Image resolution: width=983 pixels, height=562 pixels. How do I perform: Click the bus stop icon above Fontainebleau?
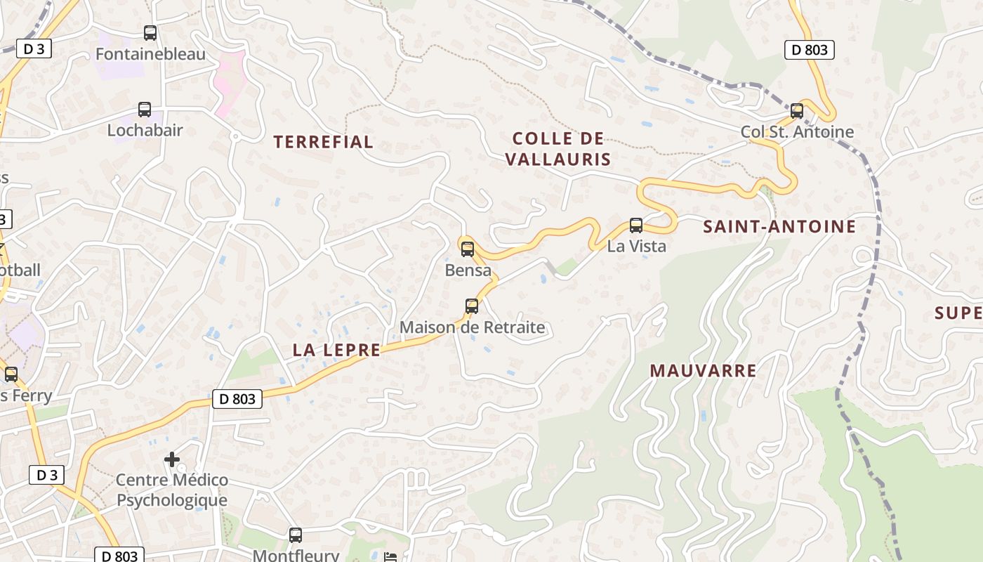[150, 32]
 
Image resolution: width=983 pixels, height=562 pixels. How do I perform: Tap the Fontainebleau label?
[150, 54]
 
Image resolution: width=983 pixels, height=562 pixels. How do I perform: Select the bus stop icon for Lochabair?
[145, 110]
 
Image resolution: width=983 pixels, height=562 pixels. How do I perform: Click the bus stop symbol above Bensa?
[468, 249]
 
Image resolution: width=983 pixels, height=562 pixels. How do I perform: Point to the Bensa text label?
[468, 270]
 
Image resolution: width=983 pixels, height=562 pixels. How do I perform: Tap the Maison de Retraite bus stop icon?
[472, 306]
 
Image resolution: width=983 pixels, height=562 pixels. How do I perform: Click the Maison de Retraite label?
[472, 327]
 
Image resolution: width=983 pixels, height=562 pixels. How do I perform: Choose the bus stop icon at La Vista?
[636, 226]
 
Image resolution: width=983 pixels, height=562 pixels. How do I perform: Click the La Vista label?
[636, 247]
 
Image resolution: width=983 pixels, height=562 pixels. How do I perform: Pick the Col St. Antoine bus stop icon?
[797, 110]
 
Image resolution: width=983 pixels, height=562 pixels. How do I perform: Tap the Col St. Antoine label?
[797, 132]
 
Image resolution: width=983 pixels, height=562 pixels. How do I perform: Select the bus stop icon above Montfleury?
[296, 535]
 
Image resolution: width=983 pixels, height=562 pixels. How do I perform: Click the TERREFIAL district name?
[323, 142]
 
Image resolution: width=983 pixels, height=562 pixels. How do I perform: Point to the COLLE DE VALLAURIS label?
[558, 149]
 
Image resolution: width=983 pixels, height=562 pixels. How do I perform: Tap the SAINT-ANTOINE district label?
[779, 226]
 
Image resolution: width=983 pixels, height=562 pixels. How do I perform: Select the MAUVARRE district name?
[703, 371]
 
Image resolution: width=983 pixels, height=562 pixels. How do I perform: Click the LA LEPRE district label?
[336, 350]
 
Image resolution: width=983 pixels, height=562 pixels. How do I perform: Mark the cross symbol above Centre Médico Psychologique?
[172, 459]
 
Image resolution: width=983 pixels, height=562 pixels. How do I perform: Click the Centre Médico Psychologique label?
[172, 490]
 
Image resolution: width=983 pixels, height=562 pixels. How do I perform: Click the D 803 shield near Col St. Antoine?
[809, 50]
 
